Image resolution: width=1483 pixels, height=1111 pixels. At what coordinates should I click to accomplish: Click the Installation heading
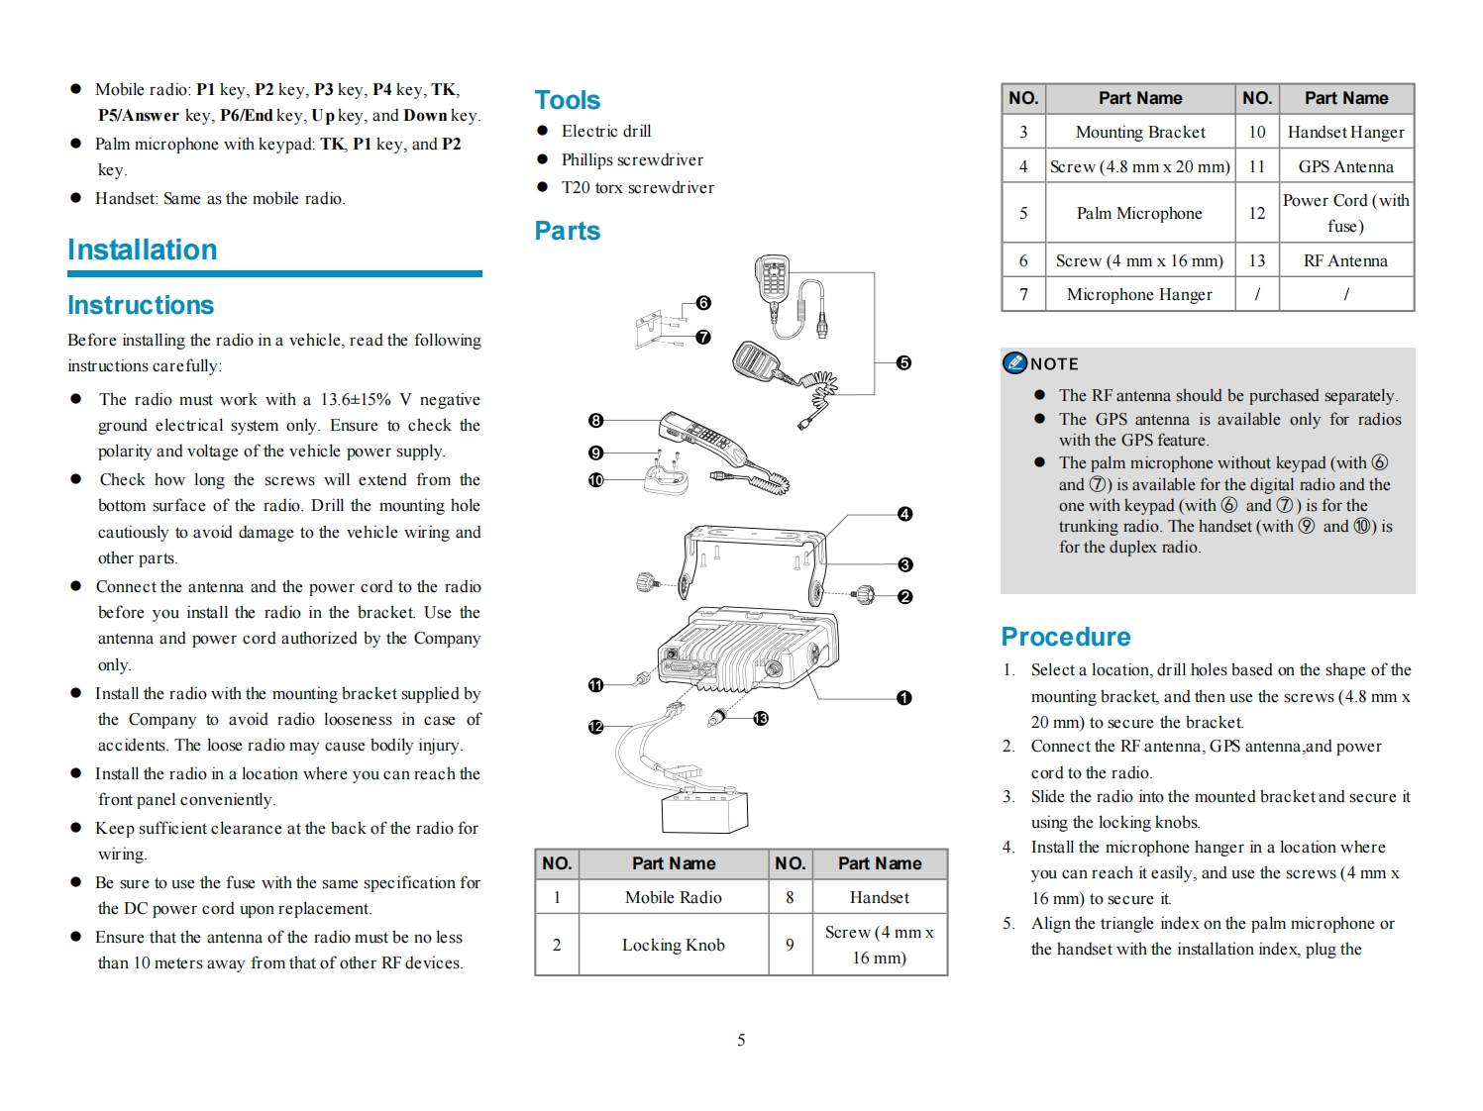(x=142, y=250)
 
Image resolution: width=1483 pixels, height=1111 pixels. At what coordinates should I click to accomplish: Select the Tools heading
(x=567, y=100)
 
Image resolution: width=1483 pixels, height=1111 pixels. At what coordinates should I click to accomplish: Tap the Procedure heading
(x=1065, y=637)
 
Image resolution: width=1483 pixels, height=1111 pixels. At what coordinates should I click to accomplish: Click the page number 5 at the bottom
(x=741, y=1040)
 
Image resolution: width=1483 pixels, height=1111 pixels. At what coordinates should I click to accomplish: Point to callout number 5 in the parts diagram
(x=903, y=363)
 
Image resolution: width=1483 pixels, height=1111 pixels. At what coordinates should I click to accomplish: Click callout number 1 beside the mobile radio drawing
(x=903, y=698)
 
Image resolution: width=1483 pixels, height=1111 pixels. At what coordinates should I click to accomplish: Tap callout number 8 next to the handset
(x=595, y=421)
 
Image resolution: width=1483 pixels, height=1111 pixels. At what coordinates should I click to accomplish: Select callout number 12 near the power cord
(x=595, y=727)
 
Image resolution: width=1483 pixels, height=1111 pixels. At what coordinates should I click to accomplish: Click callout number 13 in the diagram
(x=761, y=719)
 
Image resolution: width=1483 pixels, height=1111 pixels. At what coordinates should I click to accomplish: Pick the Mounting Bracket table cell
(x=1140, y=133)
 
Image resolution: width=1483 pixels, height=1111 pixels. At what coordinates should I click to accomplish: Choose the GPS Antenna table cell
(x=1345, y=167)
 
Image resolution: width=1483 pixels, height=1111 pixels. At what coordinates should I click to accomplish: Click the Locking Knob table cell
(x=673, y=945)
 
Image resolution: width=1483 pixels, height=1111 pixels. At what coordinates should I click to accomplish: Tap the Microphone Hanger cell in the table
(x=1139, y=294)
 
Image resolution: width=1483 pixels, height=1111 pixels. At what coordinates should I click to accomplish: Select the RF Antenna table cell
(x=1345, y=260)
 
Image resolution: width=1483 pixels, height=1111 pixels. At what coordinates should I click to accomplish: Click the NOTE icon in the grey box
(x=1014, y=363)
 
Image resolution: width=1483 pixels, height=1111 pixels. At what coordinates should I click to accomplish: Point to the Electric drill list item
(x=605, y=131)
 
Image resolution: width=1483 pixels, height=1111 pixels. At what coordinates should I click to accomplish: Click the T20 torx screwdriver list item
(x=637, y=187)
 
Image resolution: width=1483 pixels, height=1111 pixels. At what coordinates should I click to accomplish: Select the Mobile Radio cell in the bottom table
(x=673, y=897)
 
